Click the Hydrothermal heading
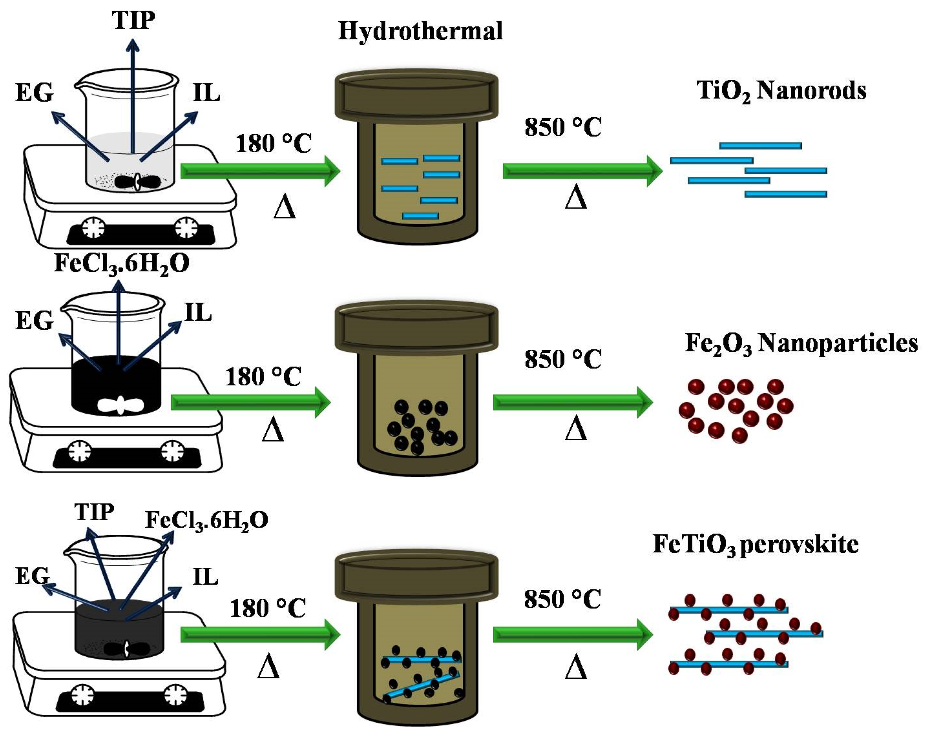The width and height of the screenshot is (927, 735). (420, 31)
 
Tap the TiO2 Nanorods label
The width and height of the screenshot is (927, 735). (781, 91)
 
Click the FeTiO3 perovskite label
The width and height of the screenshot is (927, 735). (755, 545)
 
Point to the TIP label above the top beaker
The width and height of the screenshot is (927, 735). (133, 20)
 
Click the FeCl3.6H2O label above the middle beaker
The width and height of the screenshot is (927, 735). (122, 264)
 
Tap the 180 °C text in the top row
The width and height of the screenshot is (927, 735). (274, 144)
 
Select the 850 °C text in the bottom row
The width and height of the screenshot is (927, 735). (562, 599)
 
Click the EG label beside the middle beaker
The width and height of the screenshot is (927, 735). (34, 321)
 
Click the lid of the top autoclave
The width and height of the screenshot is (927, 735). (416, 96)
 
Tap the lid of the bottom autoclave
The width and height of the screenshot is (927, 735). (416, 576)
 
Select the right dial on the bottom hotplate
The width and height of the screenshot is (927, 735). (176, 695)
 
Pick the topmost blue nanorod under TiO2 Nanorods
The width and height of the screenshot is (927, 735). (760, 146)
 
